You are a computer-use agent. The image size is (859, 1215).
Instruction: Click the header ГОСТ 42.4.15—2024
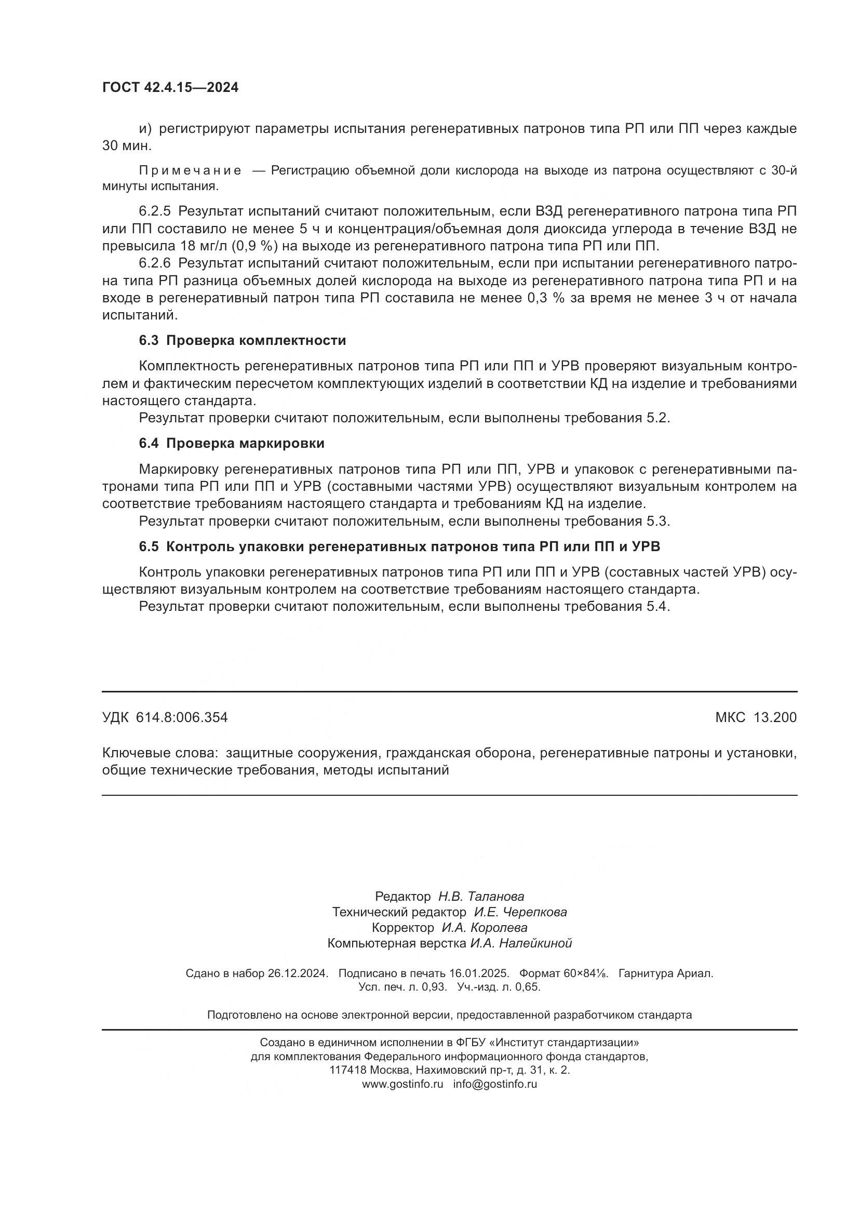pyautogui.click(x=170, y=88)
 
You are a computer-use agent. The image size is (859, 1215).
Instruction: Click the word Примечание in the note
pyautogui.click(x=191, y=171)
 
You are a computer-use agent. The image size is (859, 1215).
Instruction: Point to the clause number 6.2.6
pyautogui.click(x=154, y=263)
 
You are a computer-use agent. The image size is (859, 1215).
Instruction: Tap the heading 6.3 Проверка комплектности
pyautogui.click(x=242, y=341)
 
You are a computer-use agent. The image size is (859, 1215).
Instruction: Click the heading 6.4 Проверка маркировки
pyautogui.click(x=232, y=444)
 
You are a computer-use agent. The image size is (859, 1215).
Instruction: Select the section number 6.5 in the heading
pyautogui.click(x=149, y=546)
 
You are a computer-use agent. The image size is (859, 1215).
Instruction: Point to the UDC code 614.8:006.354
pyautogui.click(x=181, y=717)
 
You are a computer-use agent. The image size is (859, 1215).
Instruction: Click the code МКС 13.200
pyautogui.click(x=756, y=717)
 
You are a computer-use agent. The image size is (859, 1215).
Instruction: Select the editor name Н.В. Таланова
pyautogui.click(x=481, y=897)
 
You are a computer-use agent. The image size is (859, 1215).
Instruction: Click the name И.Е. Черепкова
pyautogui.click(x=520, y=912)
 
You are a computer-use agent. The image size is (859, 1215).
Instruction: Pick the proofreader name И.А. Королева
pyautogui.click(x=484, y=928)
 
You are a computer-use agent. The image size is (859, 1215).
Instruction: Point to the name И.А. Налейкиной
pyautogui.click(x=520, y=943)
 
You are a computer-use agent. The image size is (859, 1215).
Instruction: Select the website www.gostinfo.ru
pyautogui.click(x=402, y=1084)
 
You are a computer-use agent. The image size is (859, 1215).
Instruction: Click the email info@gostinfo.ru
pyautogui.click(x=494, y=1084)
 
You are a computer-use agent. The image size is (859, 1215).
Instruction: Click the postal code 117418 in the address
pyautogui.click(x=347, y=1070)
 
